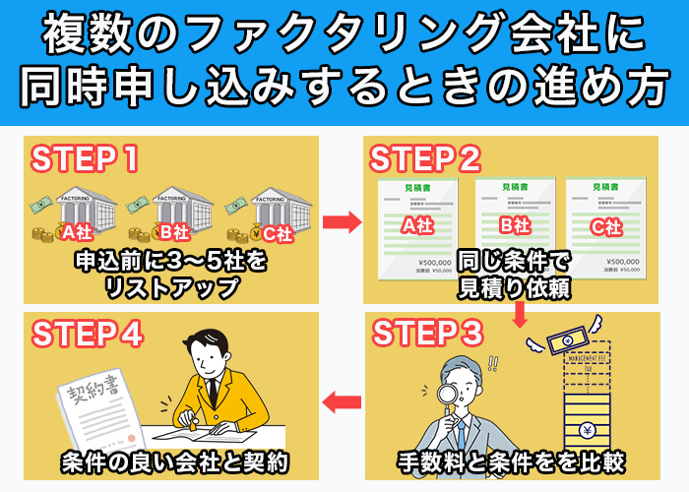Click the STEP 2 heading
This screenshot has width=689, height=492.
click(x=424, y=158)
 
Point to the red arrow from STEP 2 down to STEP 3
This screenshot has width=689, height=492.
click(x=520, y=314)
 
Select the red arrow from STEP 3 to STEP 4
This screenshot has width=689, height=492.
click(x=342, y=400)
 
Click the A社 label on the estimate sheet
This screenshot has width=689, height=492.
click(x=417, y=225)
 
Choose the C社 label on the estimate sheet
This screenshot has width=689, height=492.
click(x=605, y=226)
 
